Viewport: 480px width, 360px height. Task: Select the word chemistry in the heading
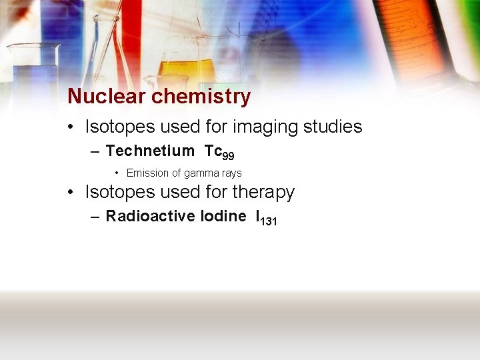pos(201,97)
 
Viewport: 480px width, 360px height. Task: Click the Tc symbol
pos(213,151)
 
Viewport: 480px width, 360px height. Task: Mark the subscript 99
pos(228,156)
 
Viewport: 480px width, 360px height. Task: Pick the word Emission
pos(148,173)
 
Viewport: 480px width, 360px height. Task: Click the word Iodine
pos(223,216)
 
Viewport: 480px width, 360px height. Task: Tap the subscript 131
pos(268,221)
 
